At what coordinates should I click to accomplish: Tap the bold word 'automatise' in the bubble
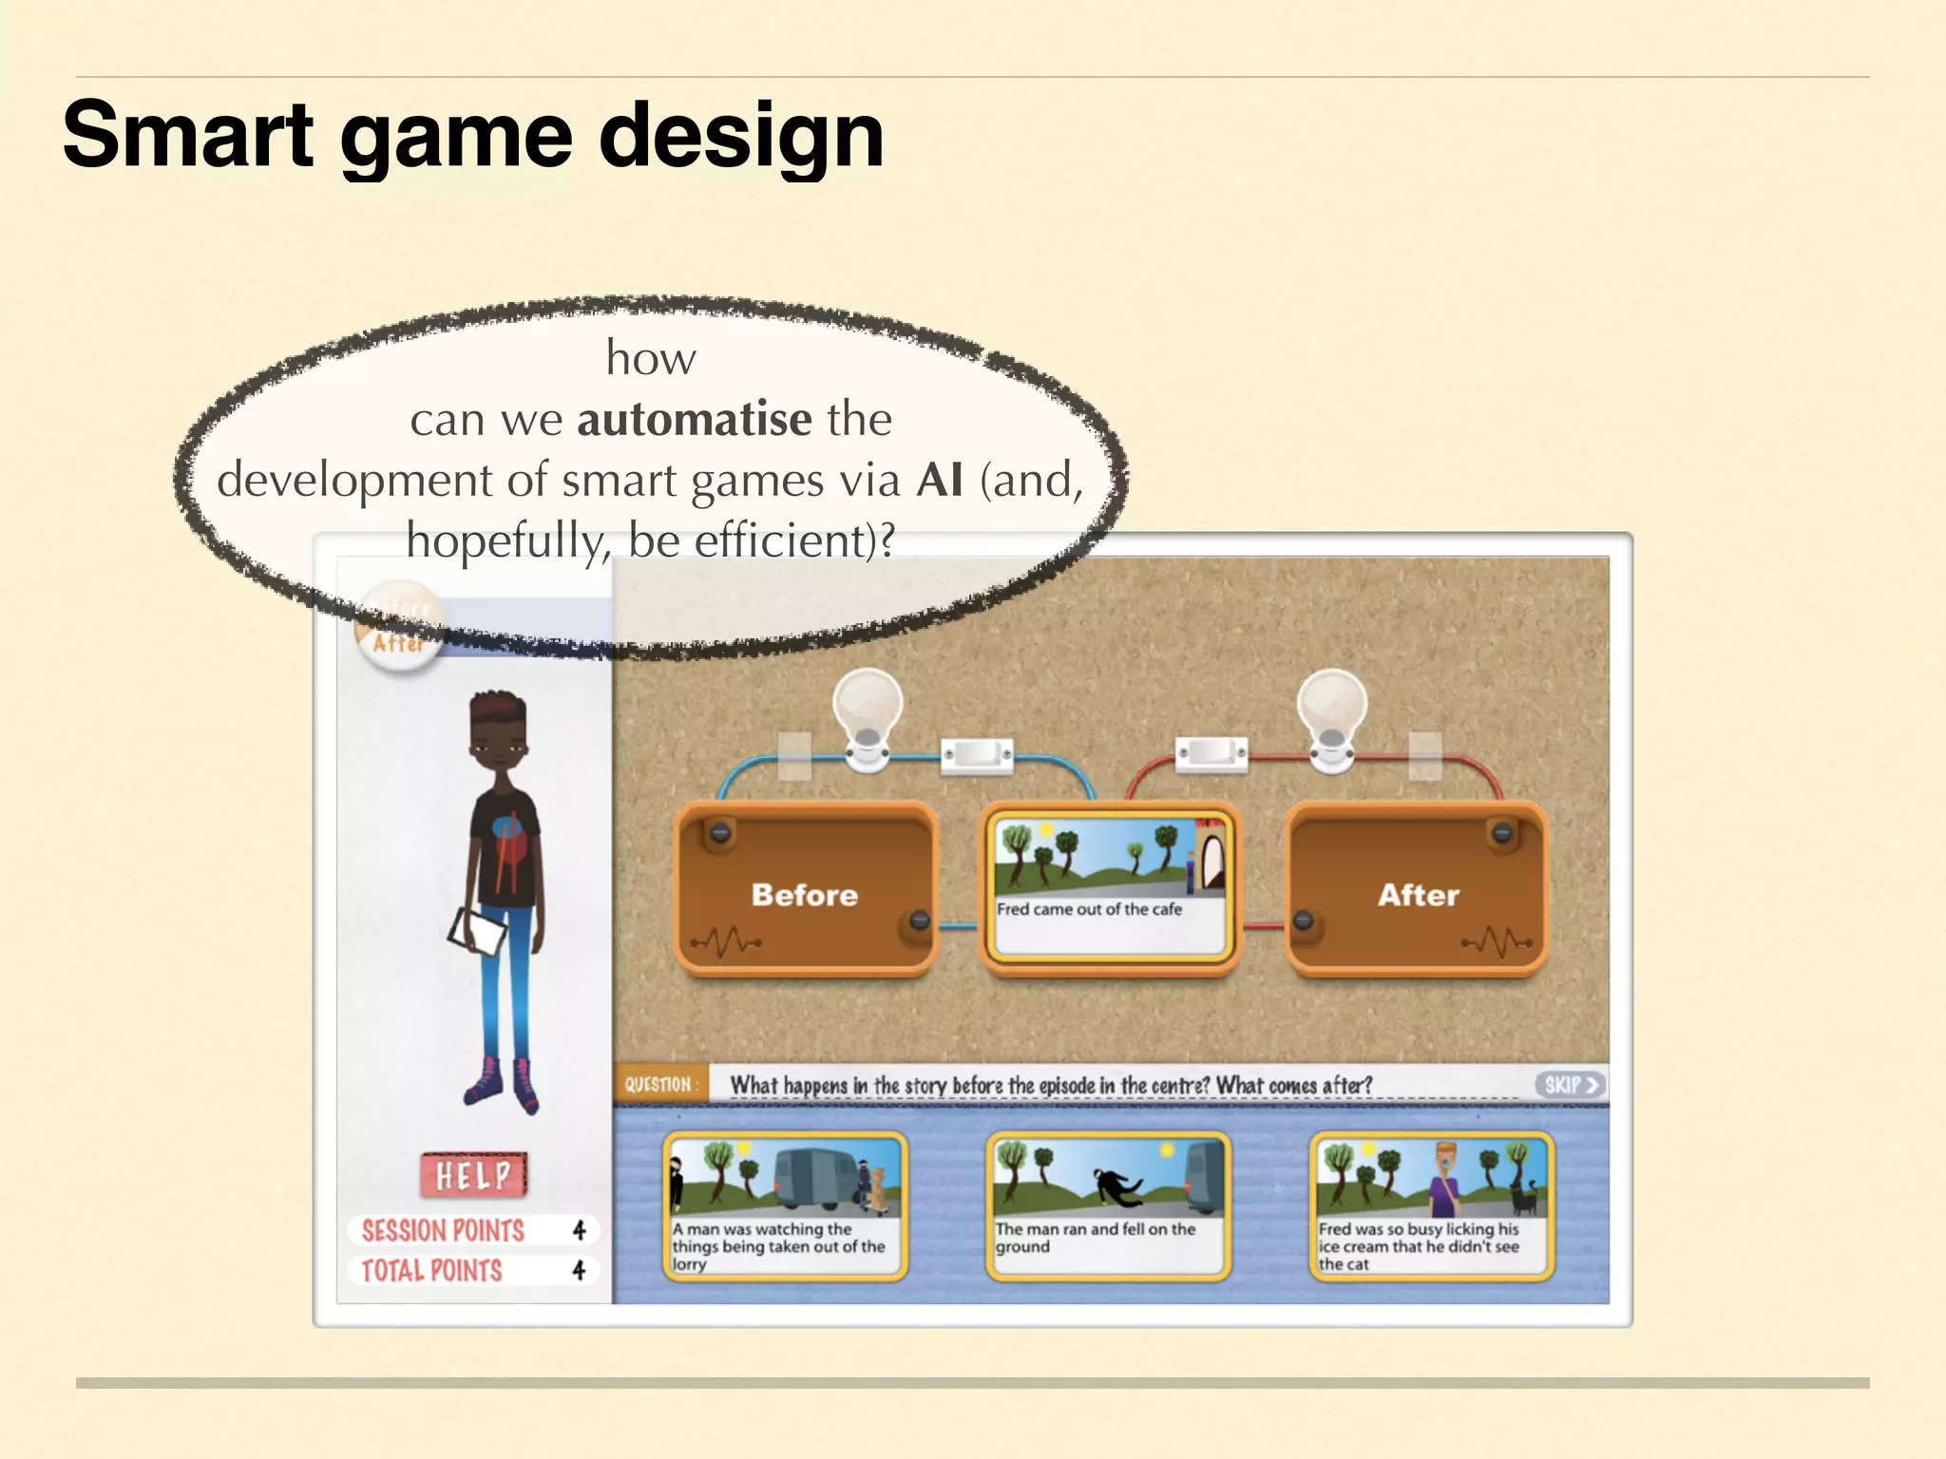(694, 419)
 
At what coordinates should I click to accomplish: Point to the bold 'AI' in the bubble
(940, 480)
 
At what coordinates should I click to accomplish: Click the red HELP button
(473, 1176)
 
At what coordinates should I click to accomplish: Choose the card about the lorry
(785, 1205)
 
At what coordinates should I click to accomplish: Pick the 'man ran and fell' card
(1108, 1205)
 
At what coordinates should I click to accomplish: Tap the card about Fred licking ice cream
(1431, 1205)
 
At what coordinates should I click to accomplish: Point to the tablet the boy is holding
(478, 931)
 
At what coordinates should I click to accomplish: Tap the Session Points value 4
(579, 1231)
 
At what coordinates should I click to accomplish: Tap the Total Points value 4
(579, 1270)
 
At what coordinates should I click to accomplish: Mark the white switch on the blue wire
(977, 755)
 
